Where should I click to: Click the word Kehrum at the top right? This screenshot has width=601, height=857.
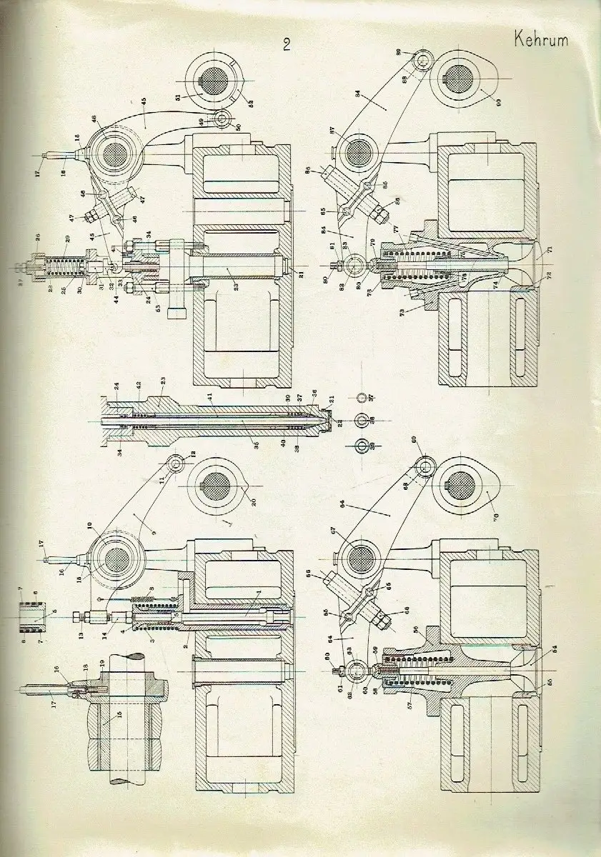pyautogui.click(x=540, y=40)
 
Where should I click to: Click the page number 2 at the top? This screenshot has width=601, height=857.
pyautogui.click(x=286, y=46)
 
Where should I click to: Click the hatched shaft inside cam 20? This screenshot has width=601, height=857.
pyautogui.click(x=214, y=492)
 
